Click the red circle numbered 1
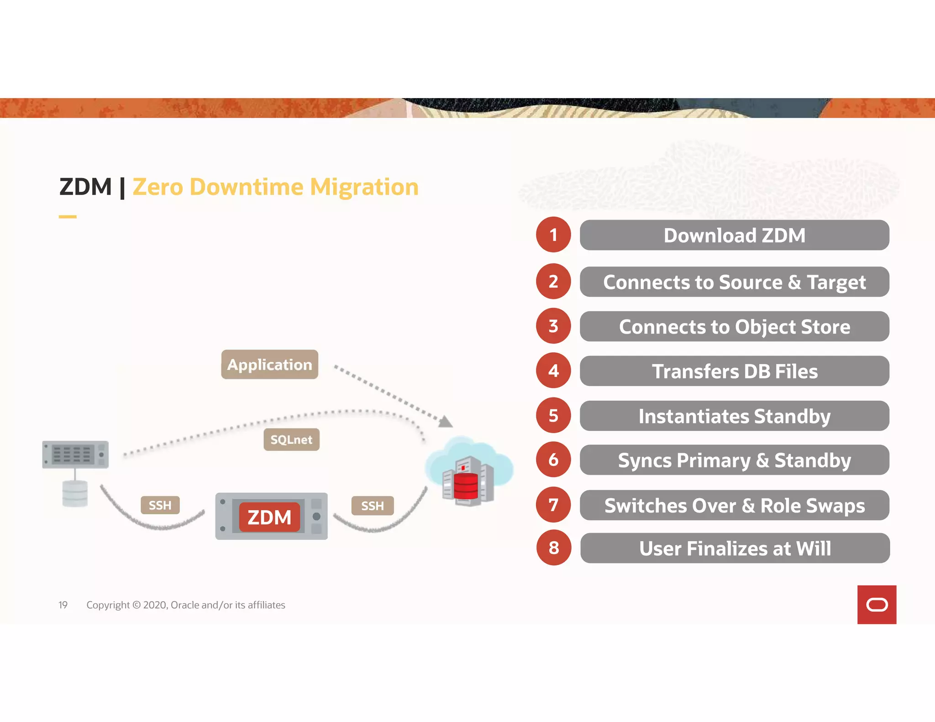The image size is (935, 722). [x=553, y=235]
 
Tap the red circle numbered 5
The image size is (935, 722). [x=553, y=415]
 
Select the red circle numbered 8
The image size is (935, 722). [x=554, y=548]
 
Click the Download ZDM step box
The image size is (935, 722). [x=734, y=235]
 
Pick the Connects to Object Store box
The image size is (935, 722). [x=734, y=327]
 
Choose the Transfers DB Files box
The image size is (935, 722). [x=734, y=371]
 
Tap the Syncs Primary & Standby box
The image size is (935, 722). [x=734, y=460]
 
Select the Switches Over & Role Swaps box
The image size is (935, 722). [x=734, y=505]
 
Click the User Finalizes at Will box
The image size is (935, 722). [x=735, y=548]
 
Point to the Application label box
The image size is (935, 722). [x=269, y=365]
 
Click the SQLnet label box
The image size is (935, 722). [x=291, y=439]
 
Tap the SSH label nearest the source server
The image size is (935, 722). [x=160, y=505]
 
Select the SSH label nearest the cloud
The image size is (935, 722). [x=373, y=506]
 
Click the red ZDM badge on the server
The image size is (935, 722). [x=269, y=517]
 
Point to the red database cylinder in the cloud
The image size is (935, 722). [x=466, y=486]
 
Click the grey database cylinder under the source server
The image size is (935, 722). [x=75, y=494]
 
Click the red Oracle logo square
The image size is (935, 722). [x=877, y=605]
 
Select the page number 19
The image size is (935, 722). [x=63, y=605]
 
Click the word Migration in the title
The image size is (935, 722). [x=364, y=187]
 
